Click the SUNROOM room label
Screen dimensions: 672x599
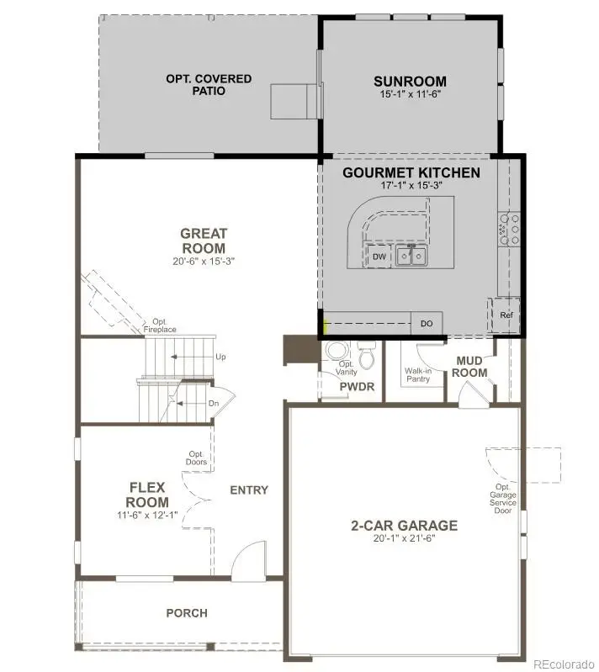tap(410, 82)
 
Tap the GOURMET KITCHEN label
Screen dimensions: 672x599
tap(411, 173)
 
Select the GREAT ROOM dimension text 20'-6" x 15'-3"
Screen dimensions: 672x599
tap(203, 262)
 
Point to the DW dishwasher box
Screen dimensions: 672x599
tap(379, 257)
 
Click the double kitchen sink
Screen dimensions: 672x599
tap(412, 256)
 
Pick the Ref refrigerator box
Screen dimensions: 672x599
tap(506, 315)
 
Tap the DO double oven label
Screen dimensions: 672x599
tap(427, 323)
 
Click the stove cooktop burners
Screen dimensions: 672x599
tap(510, 228)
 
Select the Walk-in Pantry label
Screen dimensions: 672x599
tap(418, 374)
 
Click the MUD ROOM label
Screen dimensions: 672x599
tap(471, 367)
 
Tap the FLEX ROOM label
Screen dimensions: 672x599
tap(148, 495)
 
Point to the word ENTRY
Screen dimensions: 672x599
tap(249, 490)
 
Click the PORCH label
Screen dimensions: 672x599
tap(187, 613)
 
